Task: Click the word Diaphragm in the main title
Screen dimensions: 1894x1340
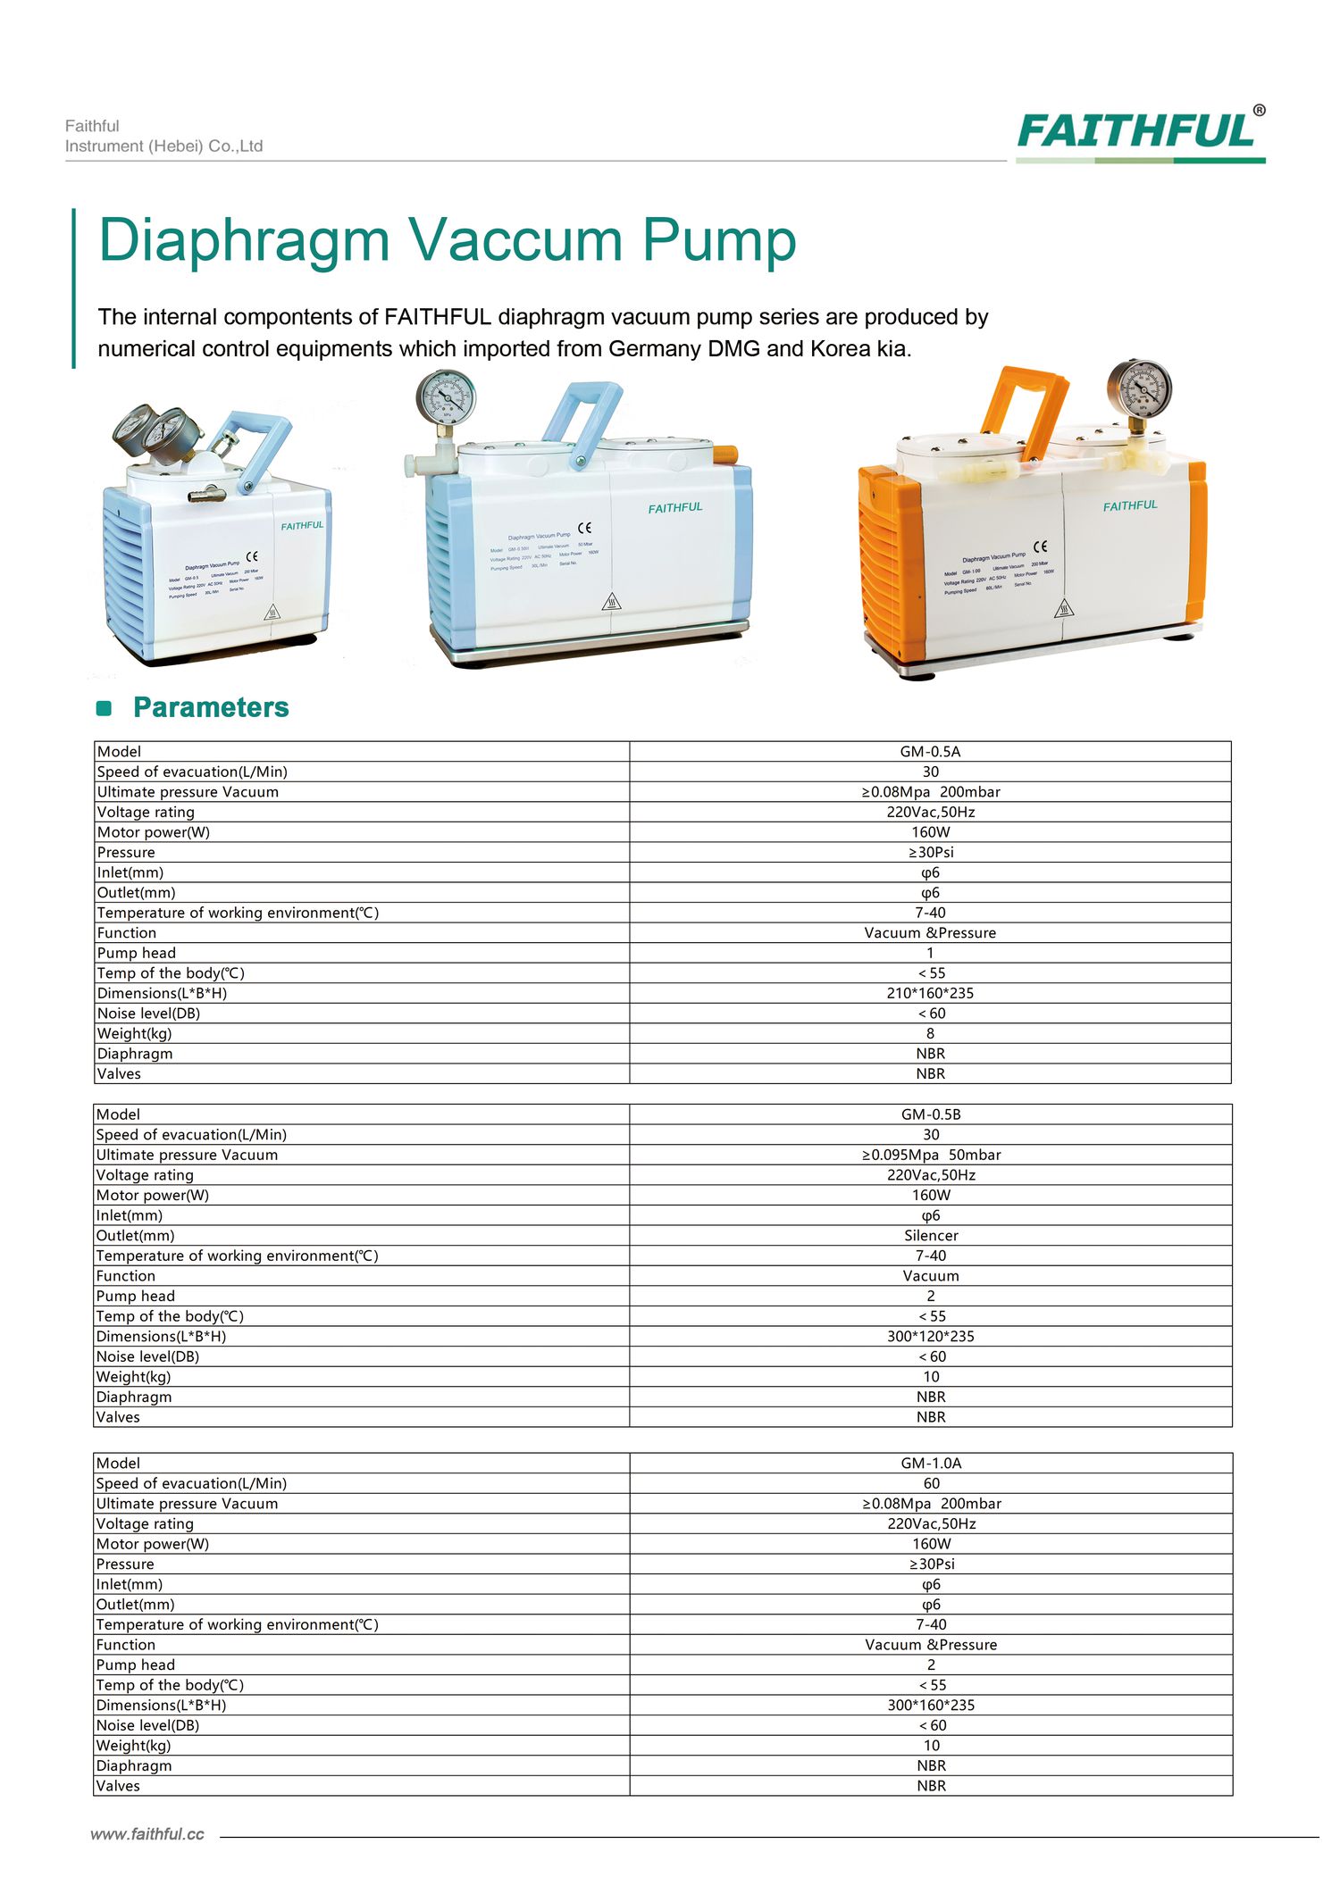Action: (244, 241)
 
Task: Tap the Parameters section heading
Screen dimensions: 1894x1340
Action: (211, 707)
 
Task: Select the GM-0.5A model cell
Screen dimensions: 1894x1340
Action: (930, 752)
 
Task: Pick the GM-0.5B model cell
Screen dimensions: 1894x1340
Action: (930, 1114)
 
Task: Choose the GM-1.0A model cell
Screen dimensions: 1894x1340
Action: (931, 1464)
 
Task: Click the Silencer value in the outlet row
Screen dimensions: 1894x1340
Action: (931, 1236)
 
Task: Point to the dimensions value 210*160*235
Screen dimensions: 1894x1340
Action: (930, 993)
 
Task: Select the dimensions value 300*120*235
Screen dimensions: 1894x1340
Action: (931, 1337)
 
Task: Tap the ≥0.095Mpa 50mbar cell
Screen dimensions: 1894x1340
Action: (931, 1155)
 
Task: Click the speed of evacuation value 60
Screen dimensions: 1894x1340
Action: (931, 1483)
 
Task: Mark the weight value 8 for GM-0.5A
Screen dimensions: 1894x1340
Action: (930, 1033)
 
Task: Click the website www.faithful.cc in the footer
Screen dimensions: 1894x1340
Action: (147, 1834)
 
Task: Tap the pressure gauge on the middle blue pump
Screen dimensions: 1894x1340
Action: (446, 397)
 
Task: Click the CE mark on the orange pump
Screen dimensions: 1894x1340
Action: (1041, 546)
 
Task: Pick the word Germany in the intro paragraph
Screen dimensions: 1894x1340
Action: (655, 349)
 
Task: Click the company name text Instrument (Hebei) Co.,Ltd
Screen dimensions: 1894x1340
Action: (163, 146)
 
